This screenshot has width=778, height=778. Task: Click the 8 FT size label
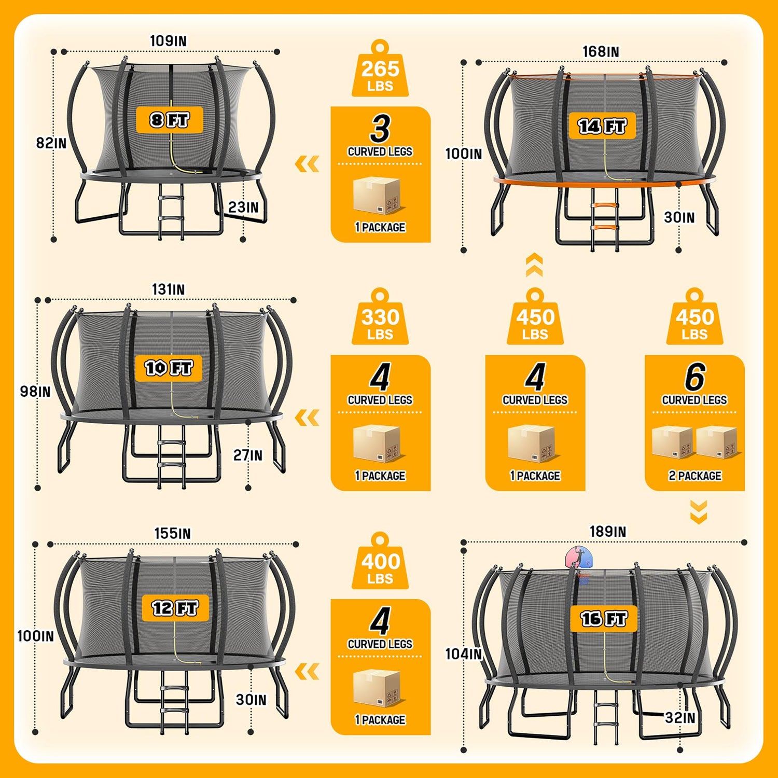[169, 120]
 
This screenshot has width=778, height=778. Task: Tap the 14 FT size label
[602, 126]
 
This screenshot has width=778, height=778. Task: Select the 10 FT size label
[169, 368]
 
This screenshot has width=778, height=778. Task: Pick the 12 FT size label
[175, 608]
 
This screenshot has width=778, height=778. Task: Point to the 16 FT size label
[604, 618]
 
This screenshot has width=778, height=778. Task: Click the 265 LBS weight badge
[380, 68]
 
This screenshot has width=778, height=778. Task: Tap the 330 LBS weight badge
[380, 317]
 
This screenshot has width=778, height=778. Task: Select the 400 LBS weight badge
[380, 561]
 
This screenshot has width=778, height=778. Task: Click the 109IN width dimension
[168, 41]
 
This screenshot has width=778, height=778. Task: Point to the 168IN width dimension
[601, 52]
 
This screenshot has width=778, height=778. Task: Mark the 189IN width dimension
[608, 532]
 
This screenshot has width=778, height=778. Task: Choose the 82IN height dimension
[51, 143]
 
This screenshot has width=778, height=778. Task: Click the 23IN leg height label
[243, 207]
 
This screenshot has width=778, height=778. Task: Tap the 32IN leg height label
[680, 718]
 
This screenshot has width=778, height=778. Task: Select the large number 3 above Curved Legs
[380, 129]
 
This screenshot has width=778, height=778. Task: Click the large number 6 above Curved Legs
[695, 377]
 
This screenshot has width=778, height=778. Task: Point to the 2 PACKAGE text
[695, 476]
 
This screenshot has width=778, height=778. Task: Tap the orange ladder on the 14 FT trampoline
[605, 218]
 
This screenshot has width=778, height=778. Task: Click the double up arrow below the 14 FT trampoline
[535, 265]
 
